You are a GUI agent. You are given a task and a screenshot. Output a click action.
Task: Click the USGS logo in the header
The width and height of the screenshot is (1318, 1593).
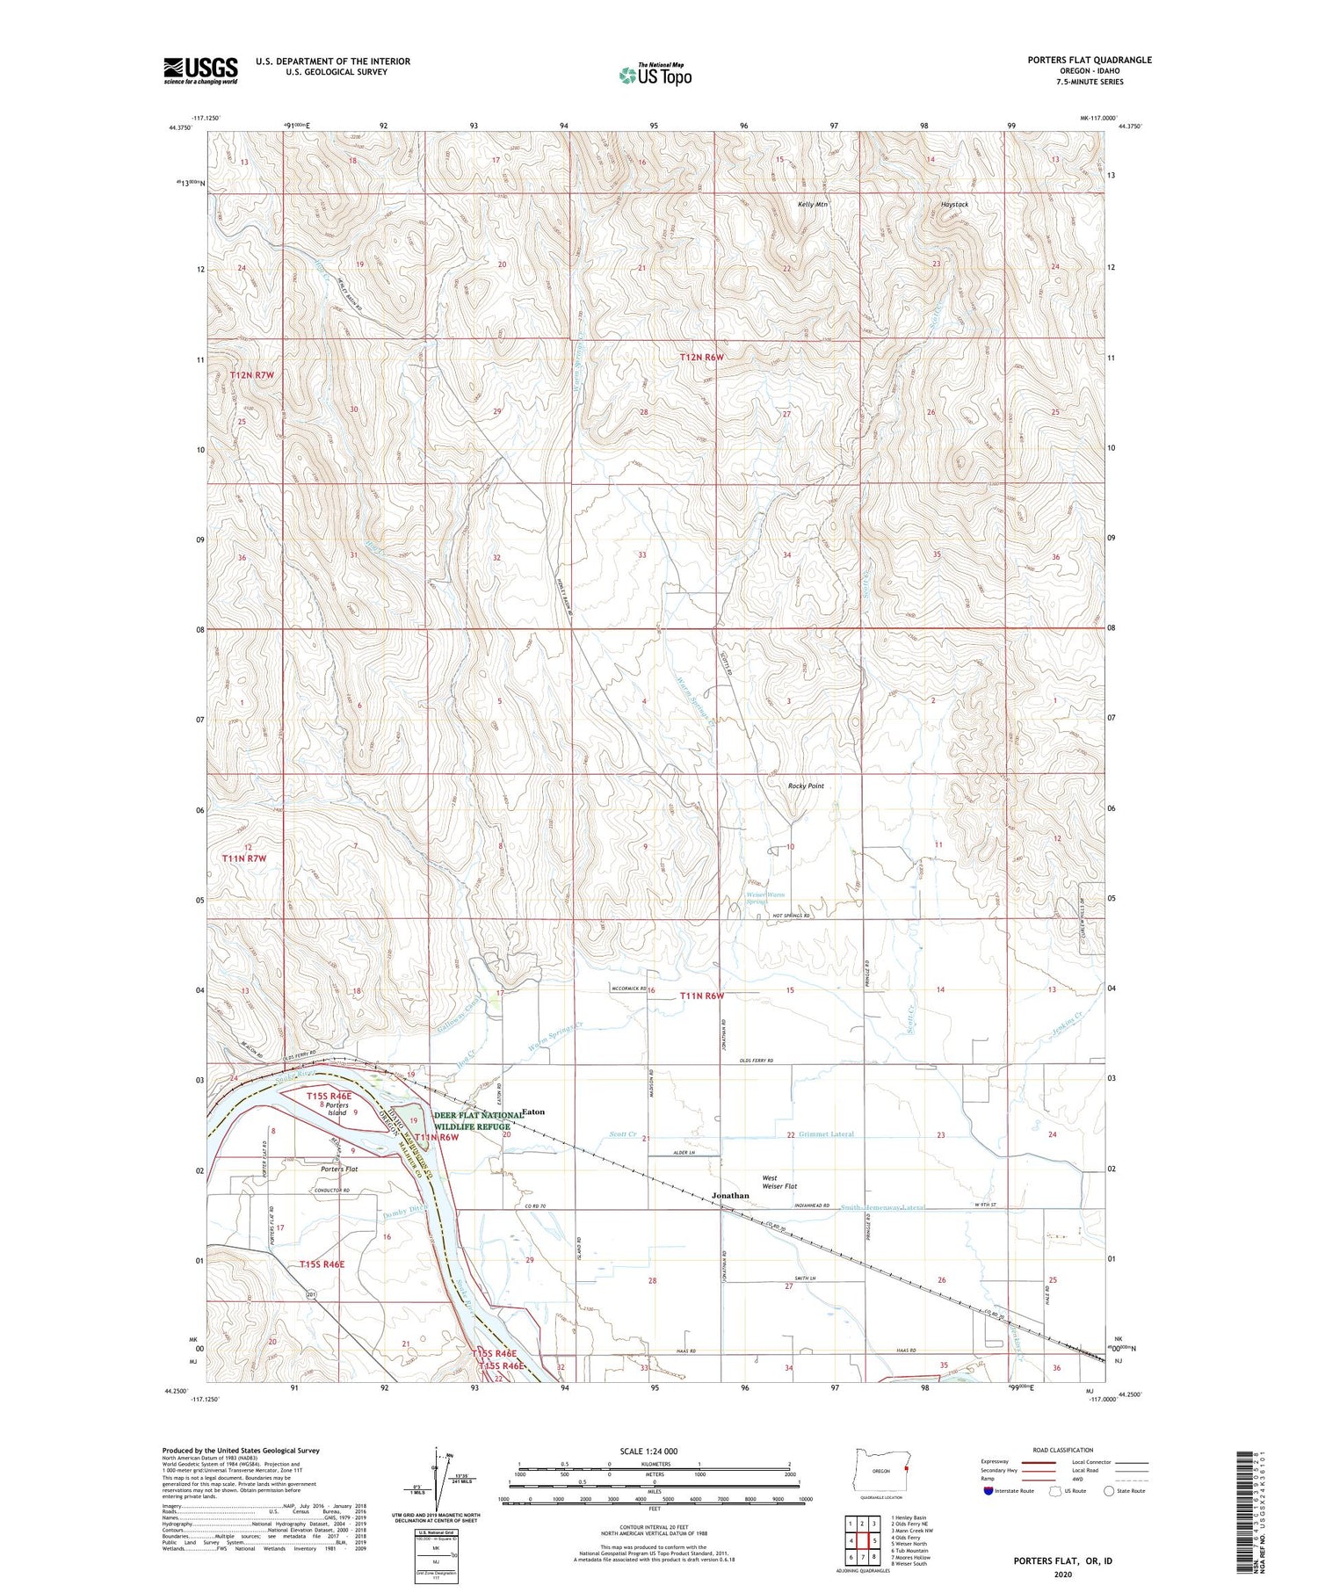(x=200, y=70)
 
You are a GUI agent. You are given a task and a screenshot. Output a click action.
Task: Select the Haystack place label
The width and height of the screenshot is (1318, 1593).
(x=954, y=204)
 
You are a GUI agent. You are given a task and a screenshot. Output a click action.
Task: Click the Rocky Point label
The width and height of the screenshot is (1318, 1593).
(x=805, y=786)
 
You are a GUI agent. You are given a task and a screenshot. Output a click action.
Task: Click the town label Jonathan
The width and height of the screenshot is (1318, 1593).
(x=730, y=1196)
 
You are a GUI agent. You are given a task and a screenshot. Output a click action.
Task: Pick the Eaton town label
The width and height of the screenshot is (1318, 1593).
(x=533, y=1111)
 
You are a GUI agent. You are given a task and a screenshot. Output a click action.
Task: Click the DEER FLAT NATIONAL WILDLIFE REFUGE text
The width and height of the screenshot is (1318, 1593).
(x=478, y=1120)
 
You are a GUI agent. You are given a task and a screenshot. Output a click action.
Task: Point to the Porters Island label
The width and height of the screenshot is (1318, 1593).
(x=337, y=1109)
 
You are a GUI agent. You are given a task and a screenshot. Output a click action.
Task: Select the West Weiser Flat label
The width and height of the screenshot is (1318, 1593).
(x=778, y=1182)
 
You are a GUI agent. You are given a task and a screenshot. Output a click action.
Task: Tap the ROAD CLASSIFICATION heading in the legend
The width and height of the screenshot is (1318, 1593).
(x=1063, y=1450)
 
